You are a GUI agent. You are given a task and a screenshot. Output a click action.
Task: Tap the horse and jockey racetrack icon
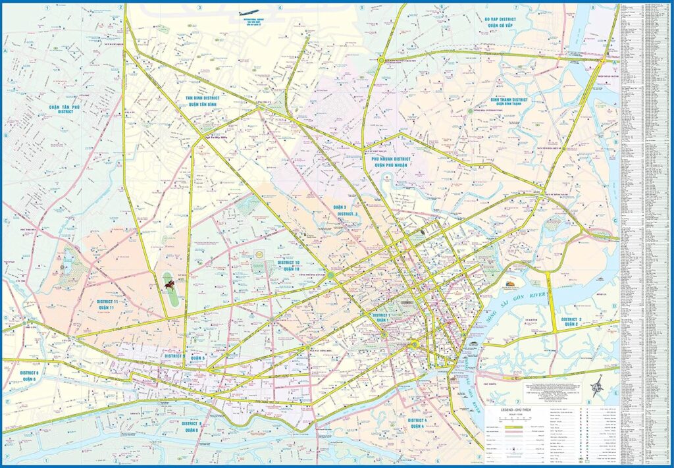coord(170,284)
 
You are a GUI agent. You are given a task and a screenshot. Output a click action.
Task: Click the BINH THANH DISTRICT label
coord(509,99)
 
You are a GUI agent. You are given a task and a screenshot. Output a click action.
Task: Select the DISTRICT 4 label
coord(417,419)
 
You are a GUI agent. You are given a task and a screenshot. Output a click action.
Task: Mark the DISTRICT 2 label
coord(570,319)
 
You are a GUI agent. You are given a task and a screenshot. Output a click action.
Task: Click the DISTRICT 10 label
coord(288,263)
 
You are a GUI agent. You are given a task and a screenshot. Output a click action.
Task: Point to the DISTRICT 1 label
coord(381,315)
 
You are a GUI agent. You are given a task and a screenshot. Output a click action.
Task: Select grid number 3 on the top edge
coord(199,8)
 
